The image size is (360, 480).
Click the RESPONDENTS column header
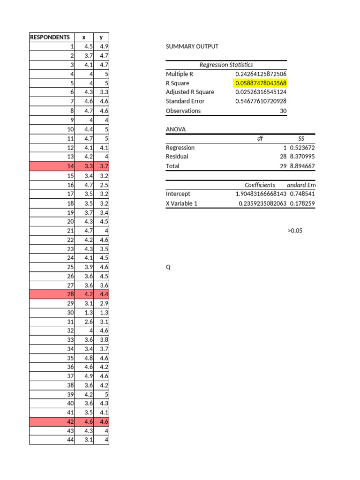50,37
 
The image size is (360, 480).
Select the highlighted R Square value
261,83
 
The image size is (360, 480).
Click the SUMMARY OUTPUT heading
192,46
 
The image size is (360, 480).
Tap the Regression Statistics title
226,65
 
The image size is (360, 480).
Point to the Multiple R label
180,74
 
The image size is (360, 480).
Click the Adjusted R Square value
261,92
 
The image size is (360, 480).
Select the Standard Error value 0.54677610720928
261,101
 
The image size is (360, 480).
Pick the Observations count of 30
283,111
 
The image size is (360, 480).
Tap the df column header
260,139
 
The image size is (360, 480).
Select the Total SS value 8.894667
302,166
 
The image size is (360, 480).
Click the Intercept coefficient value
261,194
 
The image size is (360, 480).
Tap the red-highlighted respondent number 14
71,166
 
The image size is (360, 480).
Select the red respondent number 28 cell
71,294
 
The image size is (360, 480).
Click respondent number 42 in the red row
71,422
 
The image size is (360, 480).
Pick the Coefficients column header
260,185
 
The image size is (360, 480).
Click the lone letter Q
168,267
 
